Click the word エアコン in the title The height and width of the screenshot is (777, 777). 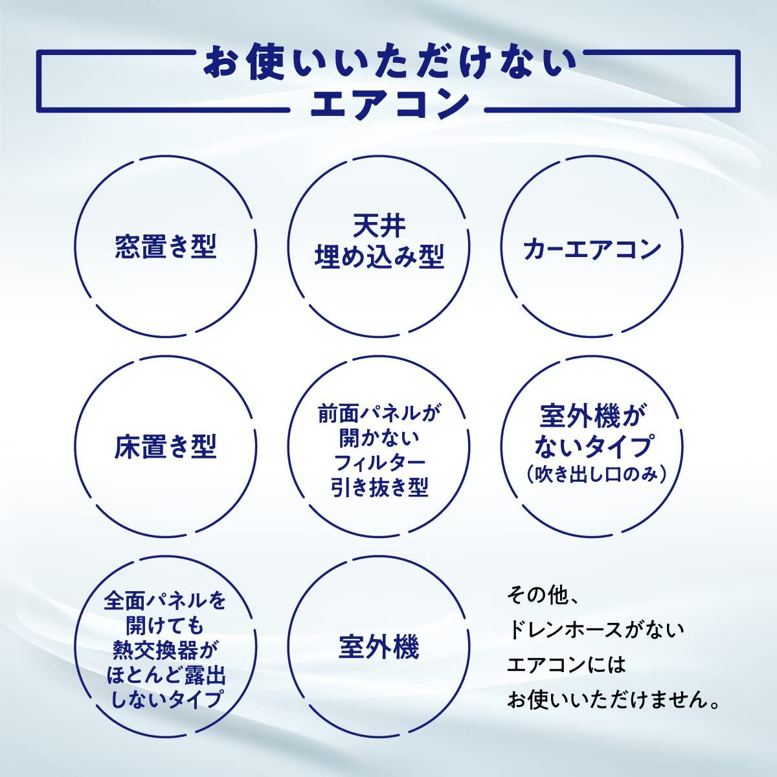[x=388, y=104]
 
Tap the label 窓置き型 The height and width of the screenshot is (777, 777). [x=165, y=247]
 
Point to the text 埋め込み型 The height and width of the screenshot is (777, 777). [x=379, y=258]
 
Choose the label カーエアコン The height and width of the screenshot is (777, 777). [x=592, y=249]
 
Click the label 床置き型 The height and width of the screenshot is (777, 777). [x=165, y=447]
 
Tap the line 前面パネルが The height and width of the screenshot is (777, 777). [x=379, y=412]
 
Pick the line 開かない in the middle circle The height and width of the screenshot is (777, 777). [x=379, y=438]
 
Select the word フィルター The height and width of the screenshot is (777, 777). [x=379, y=462]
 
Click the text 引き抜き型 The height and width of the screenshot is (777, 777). [x=379, y=487]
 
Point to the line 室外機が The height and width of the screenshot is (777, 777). [x=593, y=418]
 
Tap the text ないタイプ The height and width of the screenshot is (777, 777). [x=593, y=447]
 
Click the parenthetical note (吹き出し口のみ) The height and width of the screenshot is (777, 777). [x=593, y=475]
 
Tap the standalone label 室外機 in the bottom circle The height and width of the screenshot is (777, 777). [x=379, y=648]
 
